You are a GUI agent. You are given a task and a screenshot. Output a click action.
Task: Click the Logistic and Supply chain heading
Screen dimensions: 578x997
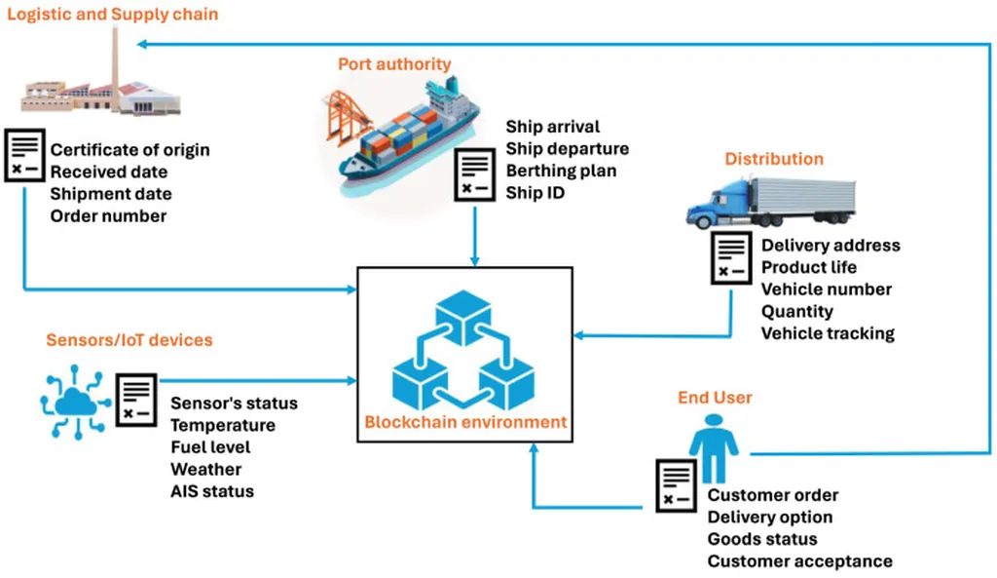pyautogui.click(x=113, y=14)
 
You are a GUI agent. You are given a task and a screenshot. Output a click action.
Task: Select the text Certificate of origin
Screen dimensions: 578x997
pyautogui.click(x=129, y=150)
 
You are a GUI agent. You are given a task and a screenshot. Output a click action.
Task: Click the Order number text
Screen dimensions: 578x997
pyautogui.click(x=108, y=215)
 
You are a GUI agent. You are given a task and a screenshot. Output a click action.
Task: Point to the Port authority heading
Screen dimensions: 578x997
pyautogui.click(x=394, y=64)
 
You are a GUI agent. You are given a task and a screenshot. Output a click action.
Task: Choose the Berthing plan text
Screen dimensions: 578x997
pyautogui.click(x=561, y=171)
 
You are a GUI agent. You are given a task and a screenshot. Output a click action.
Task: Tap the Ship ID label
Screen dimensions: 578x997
pyautogui.click(x=535, y=193)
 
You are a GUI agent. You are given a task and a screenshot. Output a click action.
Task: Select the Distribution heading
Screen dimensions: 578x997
pyautogui.click(x=774, y=159)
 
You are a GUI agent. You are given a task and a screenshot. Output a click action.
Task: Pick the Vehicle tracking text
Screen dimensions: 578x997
pyautogui.click(x=828, y=333)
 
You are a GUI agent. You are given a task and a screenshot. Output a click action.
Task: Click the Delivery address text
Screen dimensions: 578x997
pyautogui.click(x=831, y=246)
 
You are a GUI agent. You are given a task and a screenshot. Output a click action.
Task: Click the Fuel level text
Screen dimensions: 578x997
pyautogui.click(x=210, y=447)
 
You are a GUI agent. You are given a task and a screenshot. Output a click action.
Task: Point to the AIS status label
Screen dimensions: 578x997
pyautogui.click(x=212, y=491)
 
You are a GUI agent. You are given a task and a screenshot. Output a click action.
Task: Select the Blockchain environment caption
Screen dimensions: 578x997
pyautogui.click(x=465, y=422)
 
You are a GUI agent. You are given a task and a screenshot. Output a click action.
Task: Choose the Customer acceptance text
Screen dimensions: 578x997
pyautogui.click(x=799, y=560)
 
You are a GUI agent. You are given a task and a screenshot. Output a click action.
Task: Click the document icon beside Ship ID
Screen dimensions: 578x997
pyautogui.click(x=474, y=176)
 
